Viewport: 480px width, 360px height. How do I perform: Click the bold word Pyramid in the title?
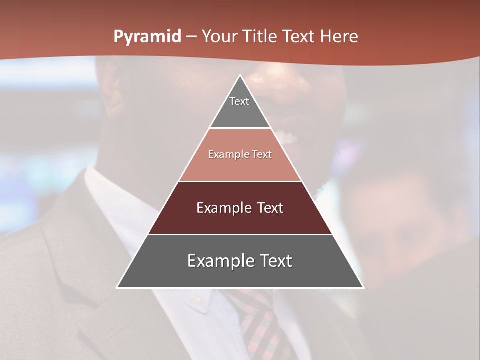tap(147, 37)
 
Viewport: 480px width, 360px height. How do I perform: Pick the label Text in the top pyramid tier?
tap(239, 101)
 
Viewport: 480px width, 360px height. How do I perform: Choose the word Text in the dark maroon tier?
tap(270, 208)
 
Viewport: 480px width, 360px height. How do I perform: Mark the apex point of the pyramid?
tap(240, 75)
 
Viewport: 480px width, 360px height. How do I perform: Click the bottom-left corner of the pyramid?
tap(117, 287)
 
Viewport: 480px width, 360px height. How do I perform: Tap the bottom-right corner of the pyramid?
tap(363, 287)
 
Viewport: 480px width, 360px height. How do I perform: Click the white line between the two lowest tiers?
tap(240, 234)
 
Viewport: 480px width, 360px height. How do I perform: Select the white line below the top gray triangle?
tap(240, 128)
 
